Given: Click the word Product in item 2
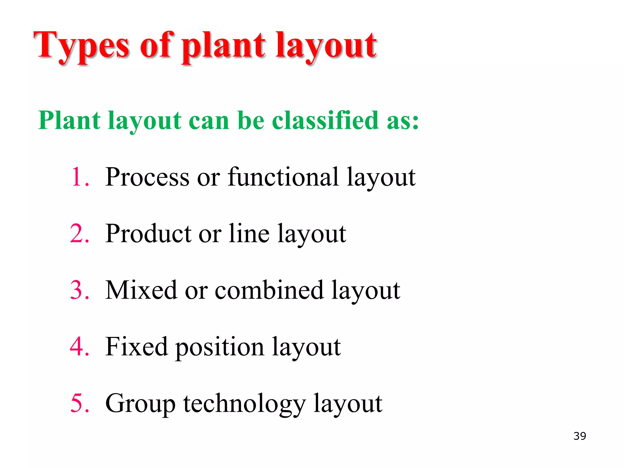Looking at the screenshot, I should (x=148, y=233).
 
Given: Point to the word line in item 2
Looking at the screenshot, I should (x=249, y=233).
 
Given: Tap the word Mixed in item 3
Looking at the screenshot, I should (x=141, y=290).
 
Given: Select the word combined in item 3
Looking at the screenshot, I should (x=269, y=290).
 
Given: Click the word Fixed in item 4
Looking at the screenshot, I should (x=136, y=347).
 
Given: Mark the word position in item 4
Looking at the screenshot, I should (x=220, y=347).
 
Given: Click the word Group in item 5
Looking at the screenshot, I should (x=140, y=404).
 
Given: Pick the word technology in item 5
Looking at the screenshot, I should (x=244, y=404).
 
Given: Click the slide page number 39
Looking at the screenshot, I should (x=580, y=436).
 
